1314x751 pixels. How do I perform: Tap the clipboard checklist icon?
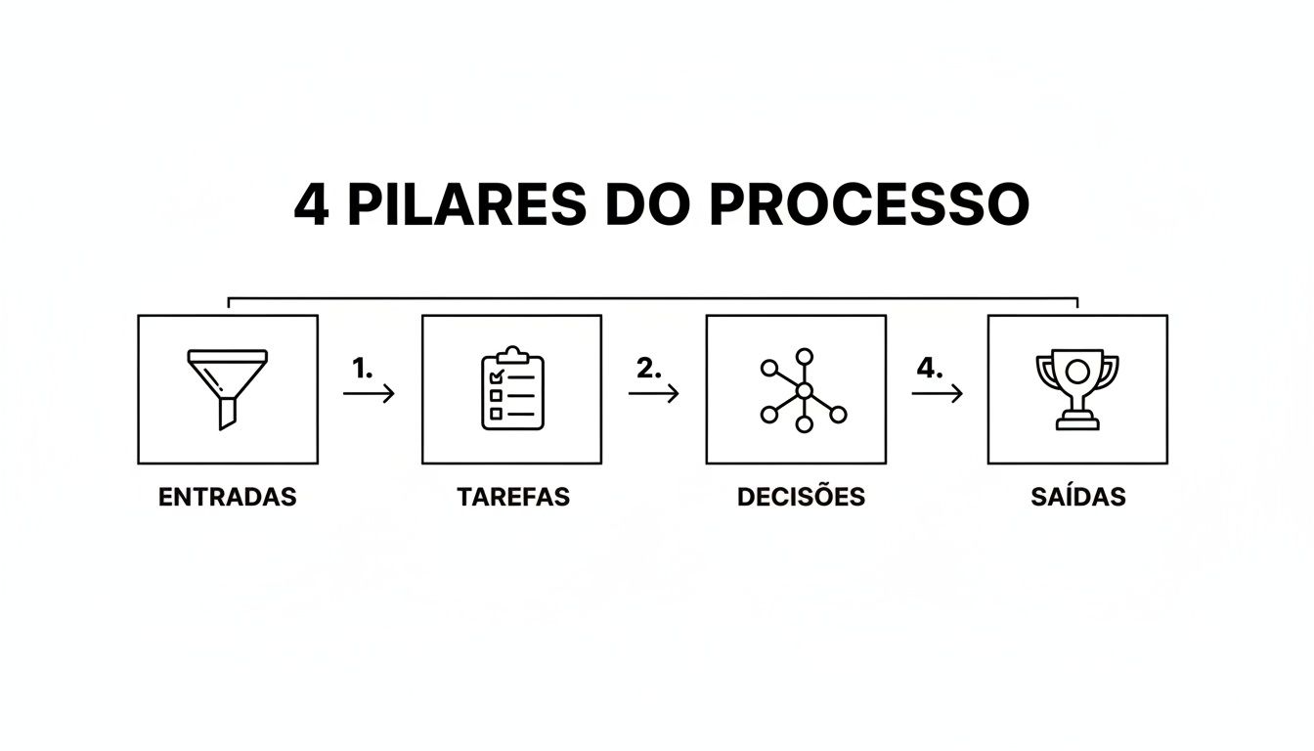click(x=512, y=389)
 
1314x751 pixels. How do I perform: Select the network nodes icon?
click(x=803, y=390)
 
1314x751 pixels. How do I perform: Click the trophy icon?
click(x=1077, y=389)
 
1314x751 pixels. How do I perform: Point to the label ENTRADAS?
click(x=227, y=497)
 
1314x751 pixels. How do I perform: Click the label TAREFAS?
click(x=512, y=497)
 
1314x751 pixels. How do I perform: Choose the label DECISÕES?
click(x=801, y=497)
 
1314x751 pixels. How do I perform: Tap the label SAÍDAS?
click(x=1077, y=497)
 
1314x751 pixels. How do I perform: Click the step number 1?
click(x=362, y=369)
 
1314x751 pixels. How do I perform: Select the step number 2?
click(x=648, y=369)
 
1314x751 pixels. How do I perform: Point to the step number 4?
click(x=930, y=369)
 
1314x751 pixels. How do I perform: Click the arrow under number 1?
click(x=369, y=393)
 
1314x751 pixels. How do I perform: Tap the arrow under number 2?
click(x=653, y=393)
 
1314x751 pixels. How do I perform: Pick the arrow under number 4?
click(x=937, y=393)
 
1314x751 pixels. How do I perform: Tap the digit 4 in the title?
click(x=311, y=205)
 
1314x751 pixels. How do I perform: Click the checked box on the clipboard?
click(x=496, y=376)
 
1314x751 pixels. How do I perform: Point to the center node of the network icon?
click(x=804, y=391)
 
